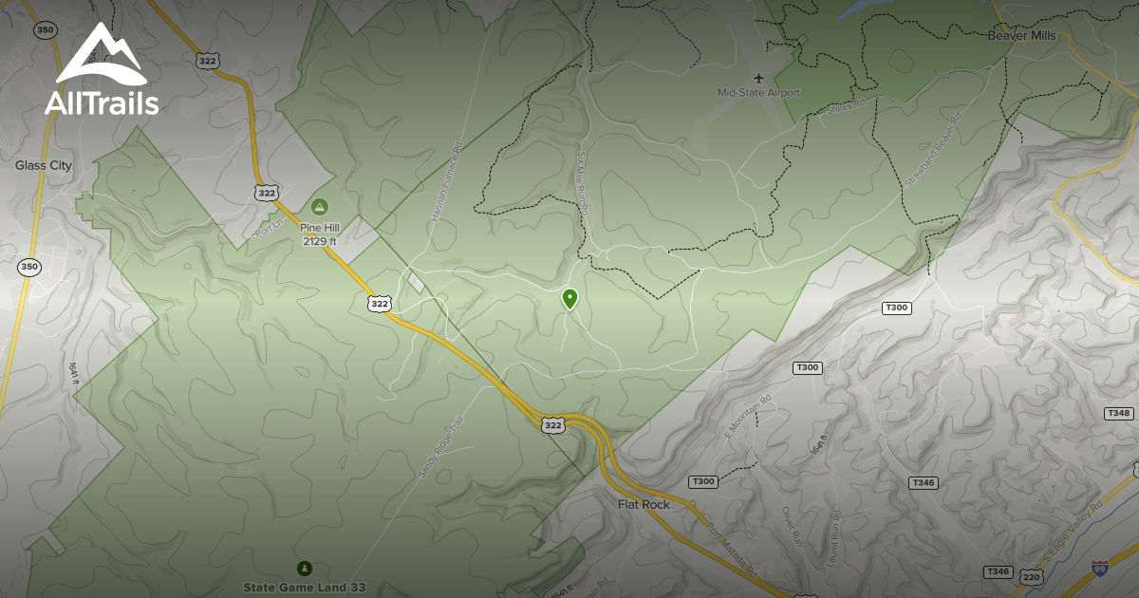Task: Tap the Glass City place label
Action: click(44, 165)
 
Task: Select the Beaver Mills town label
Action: click(1021, 35)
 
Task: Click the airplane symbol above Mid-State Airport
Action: click(758, 77)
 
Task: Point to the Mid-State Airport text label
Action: click(758, 93)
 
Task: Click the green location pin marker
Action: click(569, 299)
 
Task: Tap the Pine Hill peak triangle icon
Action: click(320, 206)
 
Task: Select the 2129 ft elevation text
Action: click(320, 241)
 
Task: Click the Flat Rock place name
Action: click(644, 504)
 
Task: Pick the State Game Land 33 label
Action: click(304, 588)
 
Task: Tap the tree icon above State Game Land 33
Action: click(304, 569)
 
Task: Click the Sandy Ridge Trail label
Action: click(440, 447)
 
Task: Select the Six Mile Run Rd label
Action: click(583, 186)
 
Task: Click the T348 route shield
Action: click(1119, 414)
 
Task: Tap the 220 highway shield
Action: click(1031, 576)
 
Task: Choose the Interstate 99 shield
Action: click(1099, 569)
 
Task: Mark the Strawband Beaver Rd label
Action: click(933, 148)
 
